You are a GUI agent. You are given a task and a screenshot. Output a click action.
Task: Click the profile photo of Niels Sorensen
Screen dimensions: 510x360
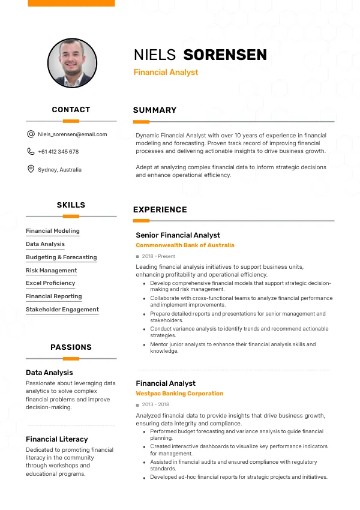[71, 63]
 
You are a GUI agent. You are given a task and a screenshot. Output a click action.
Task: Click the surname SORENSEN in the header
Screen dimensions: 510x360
[225, 55]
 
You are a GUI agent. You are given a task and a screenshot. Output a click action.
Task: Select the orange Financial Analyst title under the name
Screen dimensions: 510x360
[166, 73]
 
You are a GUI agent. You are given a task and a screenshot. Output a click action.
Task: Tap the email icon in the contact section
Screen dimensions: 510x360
[31, 134]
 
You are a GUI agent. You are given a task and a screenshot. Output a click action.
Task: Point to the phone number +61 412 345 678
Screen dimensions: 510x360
[58, 152]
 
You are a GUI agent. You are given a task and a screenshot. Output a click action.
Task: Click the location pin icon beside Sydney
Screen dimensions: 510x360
[31, 169]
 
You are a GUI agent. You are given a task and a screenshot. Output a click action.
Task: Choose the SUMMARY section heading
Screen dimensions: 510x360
[155, 110]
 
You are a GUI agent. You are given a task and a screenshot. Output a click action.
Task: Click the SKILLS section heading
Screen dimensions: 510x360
[71, 205]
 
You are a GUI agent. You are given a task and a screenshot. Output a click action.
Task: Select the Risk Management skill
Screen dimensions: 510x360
[52, 270]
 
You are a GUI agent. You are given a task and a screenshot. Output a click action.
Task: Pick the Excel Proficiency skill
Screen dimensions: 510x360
[50, 283]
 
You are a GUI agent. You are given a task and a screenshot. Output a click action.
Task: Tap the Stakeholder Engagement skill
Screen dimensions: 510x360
[62, 310]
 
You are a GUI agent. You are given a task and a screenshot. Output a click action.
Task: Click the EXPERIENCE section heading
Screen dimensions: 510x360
[160, 209]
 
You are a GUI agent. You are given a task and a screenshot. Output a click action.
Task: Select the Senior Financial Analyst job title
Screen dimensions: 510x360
[178, 235]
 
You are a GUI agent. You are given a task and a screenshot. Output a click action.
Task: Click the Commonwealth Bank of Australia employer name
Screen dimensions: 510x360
[185, 245]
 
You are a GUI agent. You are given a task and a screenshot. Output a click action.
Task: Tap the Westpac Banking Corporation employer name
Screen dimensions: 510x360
[179, 394]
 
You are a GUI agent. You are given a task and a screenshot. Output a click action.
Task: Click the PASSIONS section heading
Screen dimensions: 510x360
[71, 347]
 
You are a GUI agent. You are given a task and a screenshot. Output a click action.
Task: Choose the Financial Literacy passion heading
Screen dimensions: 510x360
[57, 439]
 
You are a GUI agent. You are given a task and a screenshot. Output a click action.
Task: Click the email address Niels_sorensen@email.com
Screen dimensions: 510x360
[73, 134]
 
